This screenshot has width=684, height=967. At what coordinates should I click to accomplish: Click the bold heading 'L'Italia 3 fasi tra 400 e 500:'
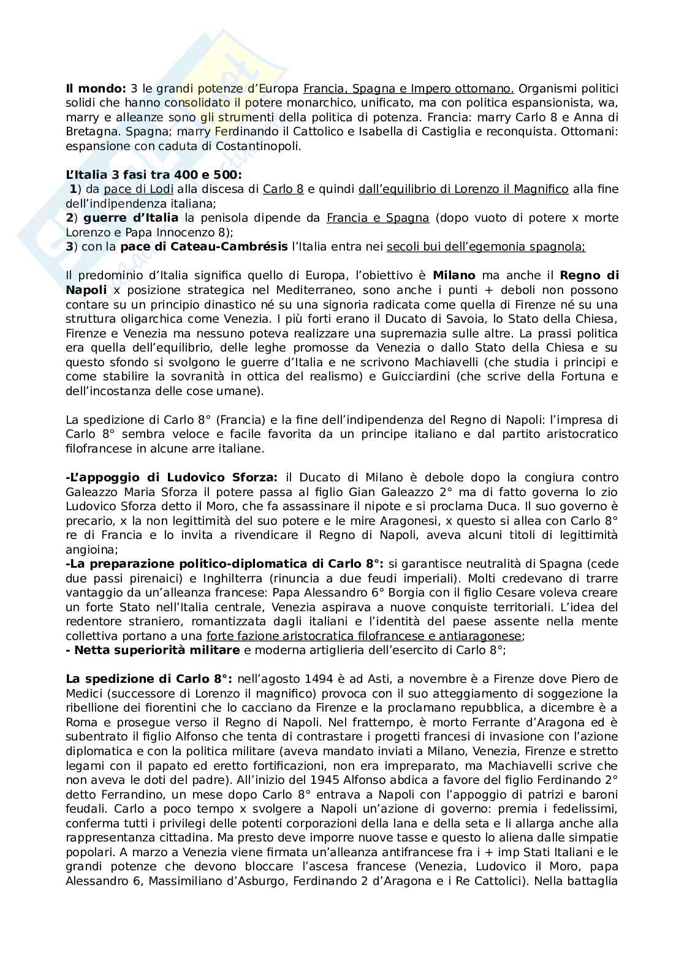click(154, 175)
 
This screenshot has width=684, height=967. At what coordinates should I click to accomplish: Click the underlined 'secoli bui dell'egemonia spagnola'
click(485, 247)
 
